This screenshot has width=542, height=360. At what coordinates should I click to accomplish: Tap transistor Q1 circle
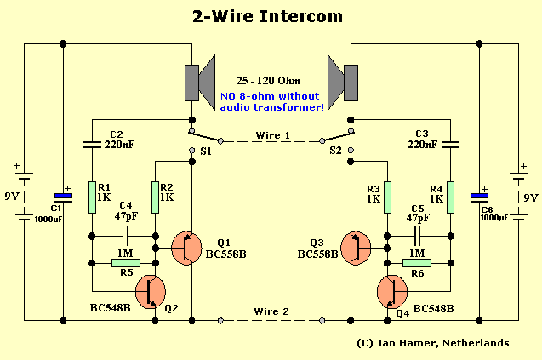click(187, 247)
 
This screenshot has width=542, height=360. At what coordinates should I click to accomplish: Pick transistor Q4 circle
click(392, 291)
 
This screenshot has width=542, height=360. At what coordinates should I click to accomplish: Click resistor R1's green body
click(92, 197)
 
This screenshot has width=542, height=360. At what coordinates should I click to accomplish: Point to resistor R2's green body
click(156, 197)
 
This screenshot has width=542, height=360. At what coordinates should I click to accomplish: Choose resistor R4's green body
click(450, 197)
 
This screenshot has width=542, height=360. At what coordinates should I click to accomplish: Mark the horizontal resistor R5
click(124, 263)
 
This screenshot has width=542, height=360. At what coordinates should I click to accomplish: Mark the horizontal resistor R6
click(418, 263)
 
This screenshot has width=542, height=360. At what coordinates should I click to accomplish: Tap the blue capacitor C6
click(479, 196)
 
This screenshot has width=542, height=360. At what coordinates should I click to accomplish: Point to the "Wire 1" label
click(273, 136)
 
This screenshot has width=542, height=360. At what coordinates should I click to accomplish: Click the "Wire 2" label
click(271, 312)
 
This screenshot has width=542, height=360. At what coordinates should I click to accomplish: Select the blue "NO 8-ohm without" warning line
click(271, 95)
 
